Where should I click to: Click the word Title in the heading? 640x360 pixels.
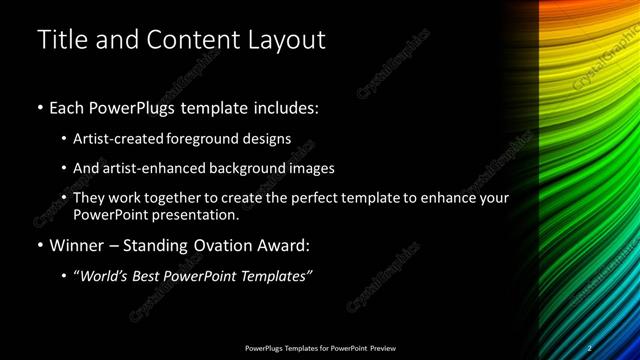click(x=60, y=40)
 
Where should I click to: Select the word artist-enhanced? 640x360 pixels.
click(x=159, y=169)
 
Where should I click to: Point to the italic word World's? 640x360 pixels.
click(x=104, y=276)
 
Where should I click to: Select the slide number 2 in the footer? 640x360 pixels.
click(x=590, y=348)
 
